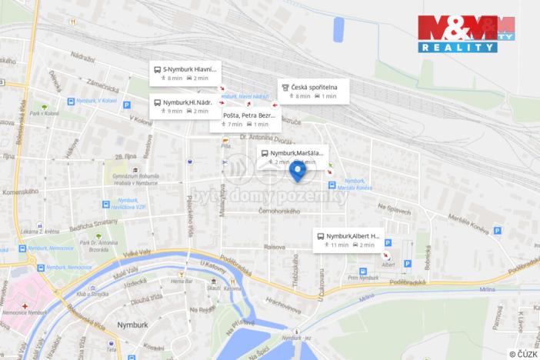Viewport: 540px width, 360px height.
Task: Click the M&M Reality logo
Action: coord(466,33)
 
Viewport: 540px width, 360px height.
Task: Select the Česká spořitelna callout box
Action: coord(313,91)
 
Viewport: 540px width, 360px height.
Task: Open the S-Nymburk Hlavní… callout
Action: coord(185,72)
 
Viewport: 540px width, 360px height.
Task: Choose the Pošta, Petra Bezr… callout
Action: coord(245,119)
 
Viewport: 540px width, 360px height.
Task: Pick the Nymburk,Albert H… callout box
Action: coord(348,239)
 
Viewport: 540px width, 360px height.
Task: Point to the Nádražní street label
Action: coord(82,59)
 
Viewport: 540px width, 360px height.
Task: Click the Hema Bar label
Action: coord(182,282)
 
